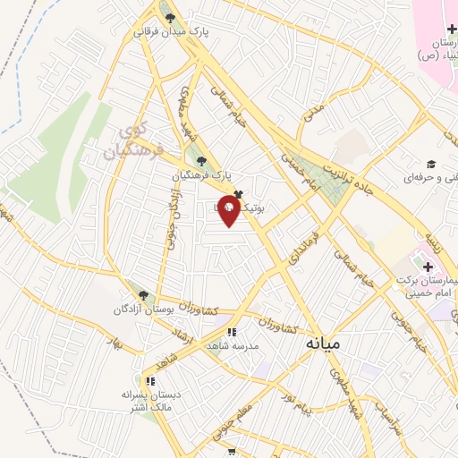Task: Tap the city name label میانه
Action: (x=323, y=343)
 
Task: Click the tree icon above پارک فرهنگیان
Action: (x=201, y=161)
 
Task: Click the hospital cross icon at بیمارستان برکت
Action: (x=427, y=266)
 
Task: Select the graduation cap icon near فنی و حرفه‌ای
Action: (x=430, y=164)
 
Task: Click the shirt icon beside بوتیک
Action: (x=238, y=192)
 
